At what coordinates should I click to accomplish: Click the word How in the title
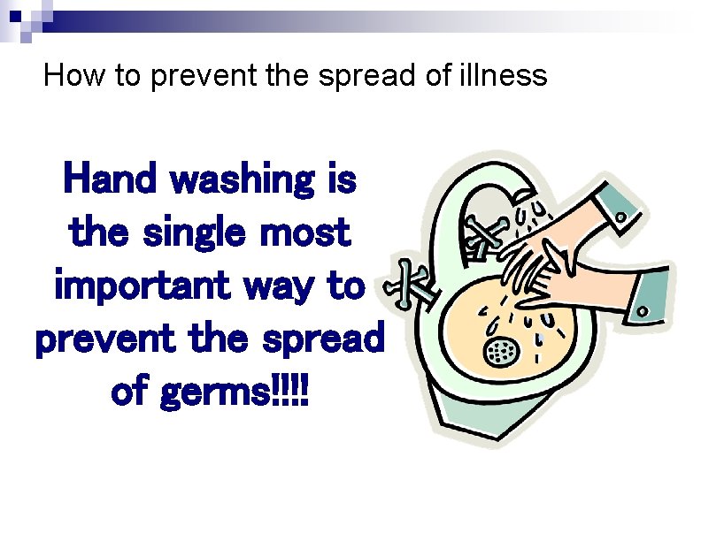[x=64, y=76]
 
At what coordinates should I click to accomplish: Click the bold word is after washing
[x=341, y=180]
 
